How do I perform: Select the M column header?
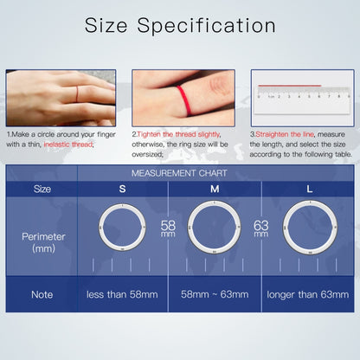point(214,188)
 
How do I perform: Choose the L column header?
point(309,188)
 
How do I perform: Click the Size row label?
point(42,188)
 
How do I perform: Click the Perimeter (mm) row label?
point(42,241)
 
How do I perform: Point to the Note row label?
point(42,294)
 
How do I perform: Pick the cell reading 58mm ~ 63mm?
point(215,295)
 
